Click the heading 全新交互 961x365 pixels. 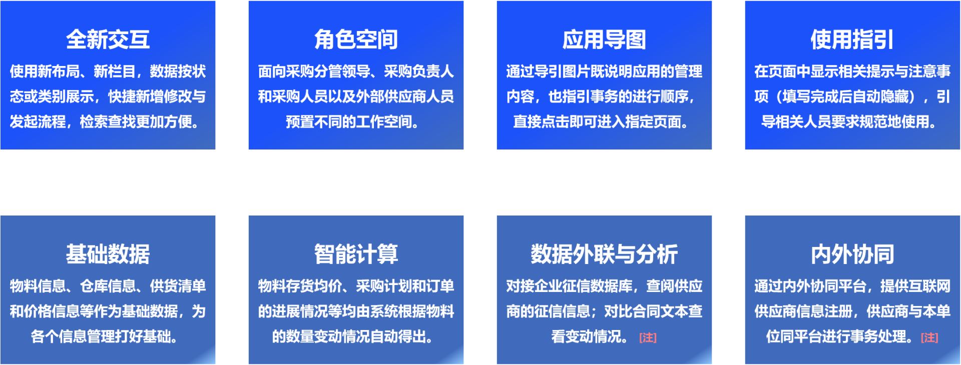pos(108,39)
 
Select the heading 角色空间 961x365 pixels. pos(356,39)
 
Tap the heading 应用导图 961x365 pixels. pos(604,39)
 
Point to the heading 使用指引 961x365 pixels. pos(852,39)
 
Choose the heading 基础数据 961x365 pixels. pos(108,254)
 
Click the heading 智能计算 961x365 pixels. pos(356,254)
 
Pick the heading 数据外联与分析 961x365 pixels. pos(604,254)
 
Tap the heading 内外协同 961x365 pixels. pos(852,254)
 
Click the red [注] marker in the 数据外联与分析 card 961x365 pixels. pos(648,337)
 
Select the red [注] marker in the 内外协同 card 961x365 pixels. pos(929,337)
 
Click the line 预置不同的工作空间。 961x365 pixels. pos(352,121)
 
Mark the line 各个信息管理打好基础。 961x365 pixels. pos(105,336)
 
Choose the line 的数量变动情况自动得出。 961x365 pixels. pos(353,336)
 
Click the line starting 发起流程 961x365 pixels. pos(105,121)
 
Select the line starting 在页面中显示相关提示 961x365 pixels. pos(852,71)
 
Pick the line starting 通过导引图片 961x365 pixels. pos(604,71)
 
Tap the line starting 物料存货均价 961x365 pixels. pos(356,286)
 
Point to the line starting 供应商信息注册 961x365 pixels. pos(852,311)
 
